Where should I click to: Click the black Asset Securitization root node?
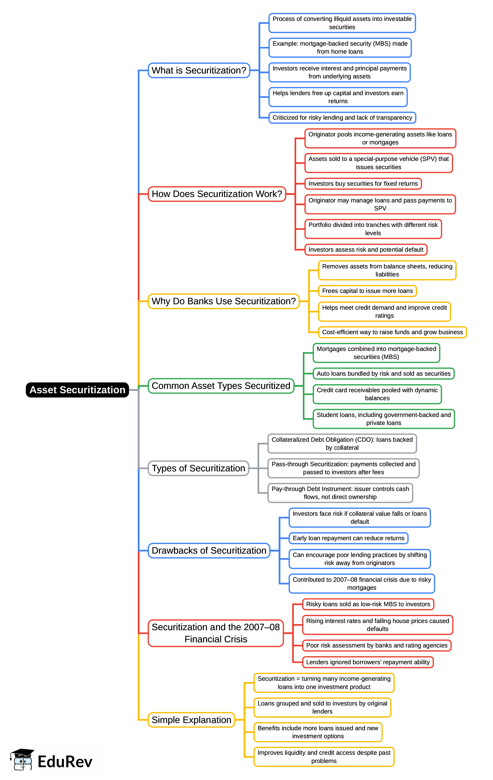[x=77, y=390]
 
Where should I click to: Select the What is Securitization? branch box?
[x=199, y=70]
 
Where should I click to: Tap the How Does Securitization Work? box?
[x=217, y=194]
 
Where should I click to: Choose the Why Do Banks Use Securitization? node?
[x=223, y=301]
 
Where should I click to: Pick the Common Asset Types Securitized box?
[x=221, y=386]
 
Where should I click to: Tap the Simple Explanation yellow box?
[x=191, y=720]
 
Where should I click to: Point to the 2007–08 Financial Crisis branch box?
[x=216, y=633]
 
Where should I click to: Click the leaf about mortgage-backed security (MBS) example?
[x=340, y=48]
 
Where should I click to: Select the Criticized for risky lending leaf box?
[x=342, y=118]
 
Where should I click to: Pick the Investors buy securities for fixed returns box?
[x=363, y=184]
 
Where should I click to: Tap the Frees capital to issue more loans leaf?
[x=367, y=291]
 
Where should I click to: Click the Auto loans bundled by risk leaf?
[x=383, y=373]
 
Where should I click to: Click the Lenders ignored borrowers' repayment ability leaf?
[x=368, y=662]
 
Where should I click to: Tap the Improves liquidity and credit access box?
[x=324, y=757]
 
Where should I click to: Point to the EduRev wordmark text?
[x=65, y=761]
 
